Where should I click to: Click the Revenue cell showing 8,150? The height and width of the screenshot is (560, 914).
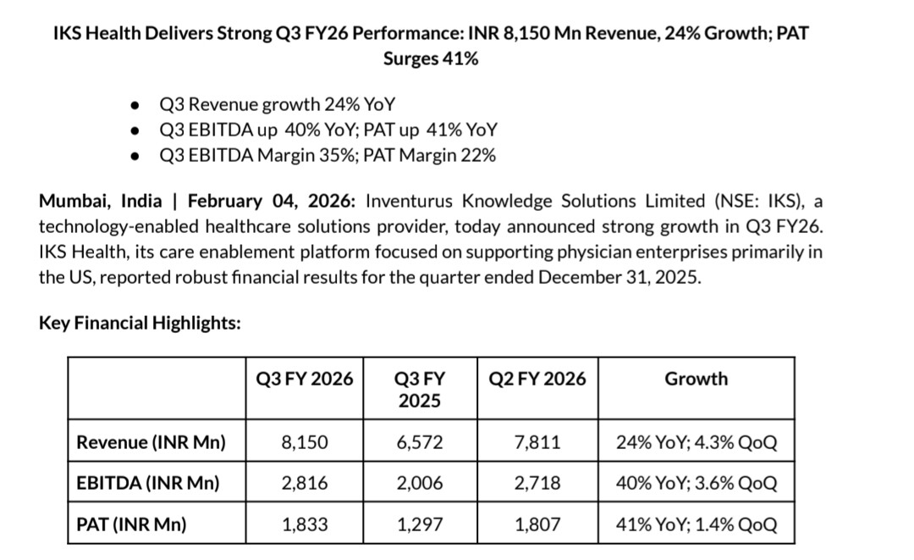point(304,441)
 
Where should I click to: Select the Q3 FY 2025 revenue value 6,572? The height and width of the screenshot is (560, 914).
point(419,441)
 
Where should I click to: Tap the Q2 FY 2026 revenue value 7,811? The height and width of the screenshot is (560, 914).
point(537,441)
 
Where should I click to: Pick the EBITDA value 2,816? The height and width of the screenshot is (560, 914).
point(304,483)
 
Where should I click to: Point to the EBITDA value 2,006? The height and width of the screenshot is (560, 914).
point(419,483)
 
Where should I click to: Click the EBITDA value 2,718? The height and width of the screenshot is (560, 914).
point(537,483)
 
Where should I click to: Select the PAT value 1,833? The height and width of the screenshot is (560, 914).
point(304,524)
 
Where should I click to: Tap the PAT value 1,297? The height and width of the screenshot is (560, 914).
point(419,524)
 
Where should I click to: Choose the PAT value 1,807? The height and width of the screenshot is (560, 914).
point(537,524)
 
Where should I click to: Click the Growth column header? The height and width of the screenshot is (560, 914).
point(696,379)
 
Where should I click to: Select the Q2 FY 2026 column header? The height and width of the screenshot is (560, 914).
point(537,379)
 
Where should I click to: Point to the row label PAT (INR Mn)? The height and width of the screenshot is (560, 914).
point(131,524)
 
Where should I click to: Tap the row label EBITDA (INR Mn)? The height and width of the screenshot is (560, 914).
point(147,483)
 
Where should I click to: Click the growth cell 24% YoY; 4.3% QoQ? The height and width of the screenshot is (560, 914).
point(697,441)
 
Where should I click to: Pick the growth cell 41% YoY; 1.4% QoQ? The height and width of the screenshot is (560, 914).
point(697,524)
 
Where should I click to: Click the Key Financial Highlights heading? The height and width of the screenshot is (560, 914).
point(140,323)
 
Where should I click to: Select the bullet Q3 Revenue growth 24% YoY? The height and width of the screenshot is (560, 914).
point(277,104)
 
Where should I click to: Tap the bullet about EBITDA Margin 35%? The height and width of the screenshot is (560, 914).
point(327,155)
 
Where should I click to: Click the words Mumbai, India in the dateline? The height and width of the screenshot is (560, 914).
point(101,201)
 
